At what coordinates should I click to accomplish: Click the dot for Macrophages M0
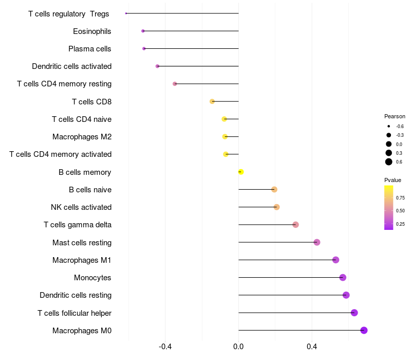(364, 330)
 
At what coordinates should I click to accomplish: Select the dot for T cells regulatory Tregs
(126, 13)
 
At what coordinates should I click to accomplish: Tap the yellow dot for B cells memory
(240, 172)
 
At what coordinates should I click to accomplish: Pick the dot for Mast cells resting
(316, 242)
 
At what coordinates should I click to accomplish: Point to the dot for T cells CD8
(212, 101)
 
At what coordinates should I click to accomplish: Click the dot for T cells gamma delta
(295, 225)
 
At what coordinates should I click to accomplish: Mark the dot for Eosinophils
(143, 31)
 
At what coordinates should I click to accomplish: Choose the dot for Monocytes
(343, 278)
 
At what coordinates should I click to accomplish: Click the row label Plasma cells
(90, 49)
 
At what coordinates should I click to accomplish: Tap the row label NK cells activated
(81, 207)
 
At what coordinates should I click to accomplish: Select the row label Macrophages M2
(82, 137)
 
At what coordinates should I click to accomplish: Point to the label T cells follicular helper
(74, 313)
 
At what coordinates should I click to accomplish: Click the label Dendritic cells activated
(71, 66)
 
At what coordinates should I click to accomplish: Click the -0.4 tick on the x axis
(165, 347)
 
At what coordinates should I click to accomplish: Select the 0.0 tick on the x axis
(238, 347)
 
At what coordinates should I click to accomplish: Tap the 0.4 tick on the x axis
(311, 347)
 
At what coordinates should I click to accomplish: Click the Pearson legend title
(395, 116)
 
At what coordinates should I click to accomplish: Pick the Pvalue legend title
(393, 180)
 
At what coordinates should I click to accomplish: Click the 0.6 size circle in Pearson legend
(389, 162)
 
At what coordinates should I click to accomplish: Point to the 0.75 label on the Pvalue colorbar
(400, 197)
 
